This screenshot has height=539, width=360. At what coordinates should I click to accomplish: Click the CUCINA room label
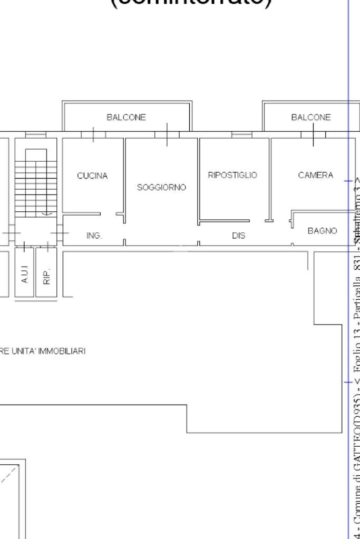point(92,176)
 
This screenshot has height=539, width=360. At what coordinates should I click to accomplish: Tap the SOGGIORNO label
point(161,188)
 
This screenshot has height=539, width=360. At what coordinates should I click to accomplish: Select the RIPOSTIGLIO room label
point(232,175)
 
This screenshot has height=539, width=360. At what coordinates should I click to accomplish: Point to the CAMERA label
point(315,175)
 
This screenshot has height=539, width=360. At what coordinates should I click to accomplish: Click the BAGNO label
point(322,231)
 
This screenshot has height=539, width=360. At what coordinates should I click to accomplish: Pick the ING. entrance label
point(94,236)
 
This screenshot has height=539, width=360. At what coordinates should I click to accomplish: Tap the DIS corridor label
point(238,236)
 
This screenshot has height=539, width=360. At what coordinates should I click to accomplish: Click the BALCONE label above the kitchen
point(126,117)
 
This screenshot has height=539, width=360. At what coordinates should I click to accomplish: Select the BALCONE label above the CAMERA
point(311,117)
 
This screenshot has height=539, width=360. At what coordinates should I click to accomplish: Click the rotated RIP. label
point(46,275)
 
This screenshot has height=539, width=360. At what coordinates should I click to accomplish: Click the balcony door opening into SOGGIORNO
point(167,134)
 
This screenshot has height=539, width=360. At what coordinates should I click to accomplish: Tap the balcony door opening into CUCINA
point(93,134)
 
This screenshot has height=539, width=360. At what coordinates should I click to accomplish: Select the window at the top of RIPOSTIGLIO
point(242,135)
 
